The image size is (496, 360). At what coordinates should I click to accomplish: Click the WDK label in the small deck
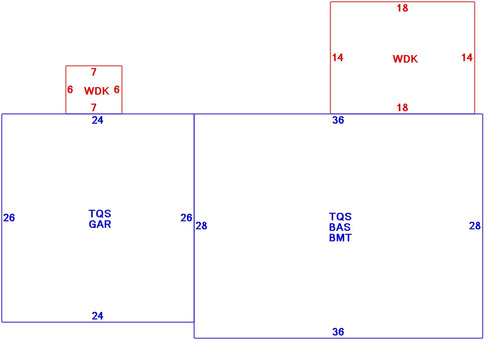click(x=97, y=91)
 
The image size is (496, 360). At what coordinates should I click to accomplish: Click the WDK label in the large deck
click(x=405, y=59)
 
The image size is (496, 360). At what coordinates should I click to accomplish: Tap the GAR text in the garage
click(x=100, y=224)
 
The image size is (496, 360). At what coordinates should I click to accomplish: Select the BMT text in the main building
click(x=340, y=238)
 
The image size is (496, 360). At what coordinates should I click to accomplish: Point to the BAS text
click(x=340, y=227)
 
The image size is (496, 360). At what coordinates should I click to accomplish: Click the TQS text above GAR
click(x=100, y=214)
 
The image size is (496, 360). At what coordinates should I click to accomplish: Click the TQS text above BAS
click(x=340, y=217)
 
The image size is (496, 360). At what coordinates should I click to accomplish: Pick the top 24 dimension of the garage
click(x=98, y=120)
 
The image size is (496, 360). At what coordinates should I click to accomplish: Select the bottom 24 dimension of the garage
click(x=98, y=316)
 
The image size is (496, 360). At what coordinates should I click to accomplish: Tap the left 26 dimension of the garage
click(x=9, y=218)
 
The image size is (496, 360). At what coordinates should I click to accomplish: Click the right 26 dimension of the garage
click(x=186, y=218)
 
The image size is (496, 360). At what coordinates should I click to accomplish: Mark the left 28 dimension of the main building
click(x=201, y=226)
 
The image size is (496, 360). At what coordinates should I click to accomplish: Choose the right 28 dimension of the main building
click(x=475, y=226)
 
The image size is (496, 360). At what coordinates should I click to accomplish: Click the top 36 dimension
click(x=338, y=120)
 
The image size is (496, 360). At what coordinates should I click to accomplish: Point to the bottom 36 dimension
click(x=338, y=332)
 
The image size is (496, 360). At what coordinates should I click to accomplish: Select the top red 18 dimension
click(x=402, y=8)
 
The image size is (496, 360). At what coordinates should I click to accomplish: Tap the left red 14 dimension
click(x=338, y=58)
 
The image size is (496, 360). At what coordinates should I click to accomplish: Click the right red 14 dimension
click(x=467, y=58)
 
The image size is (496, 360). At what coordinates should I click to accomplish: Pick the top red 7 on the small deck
click(x=94, y=73)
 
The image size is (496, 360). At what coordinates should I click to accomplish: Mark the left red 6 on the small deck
click(x=70, y=90)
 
